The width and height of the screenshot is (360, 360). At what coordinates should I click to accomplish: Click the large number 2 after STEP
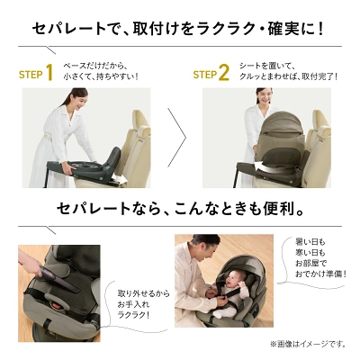pos(225,71)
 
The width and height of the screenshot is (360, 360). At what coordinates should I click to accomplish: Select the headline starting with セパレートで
pos(180,27)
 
